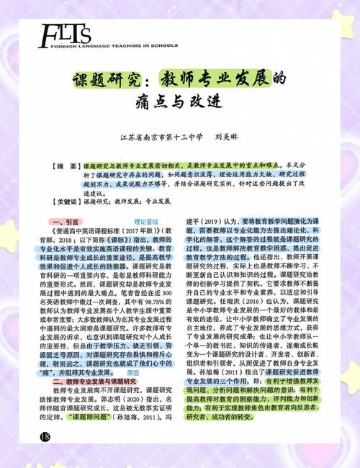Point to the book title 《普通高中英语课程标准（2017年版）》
coord(101,233)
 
